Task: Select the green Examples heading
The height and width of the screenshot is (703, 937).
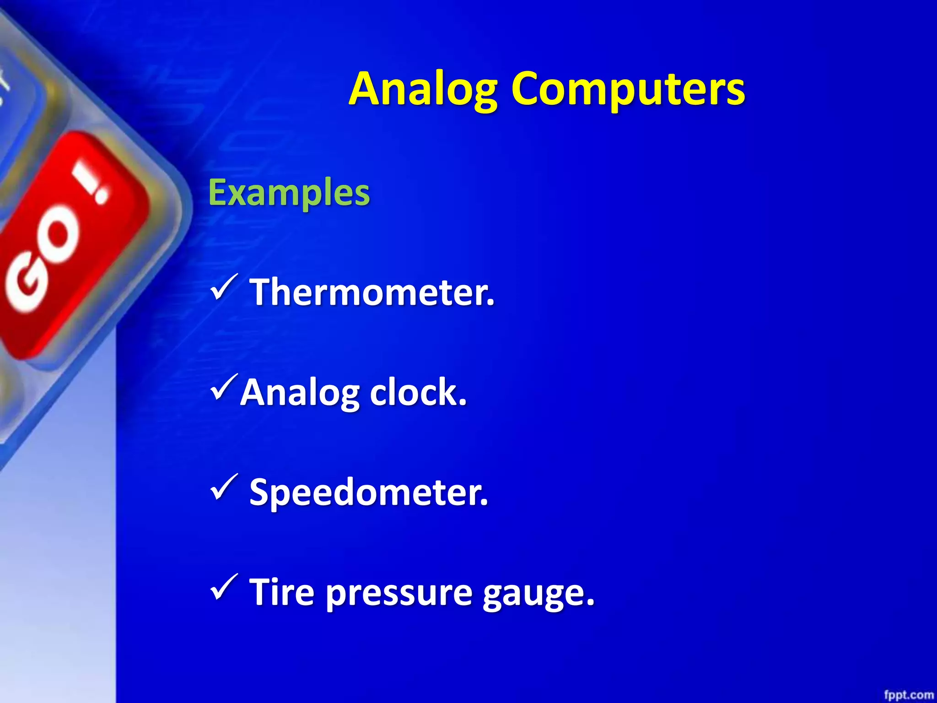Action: [x=289, y=193]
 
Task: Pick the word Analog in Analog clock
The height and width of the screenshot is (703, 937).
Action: [x=300, y=393]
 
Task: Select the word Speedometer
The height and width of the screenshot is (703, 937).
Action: [x=368, y=492]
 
